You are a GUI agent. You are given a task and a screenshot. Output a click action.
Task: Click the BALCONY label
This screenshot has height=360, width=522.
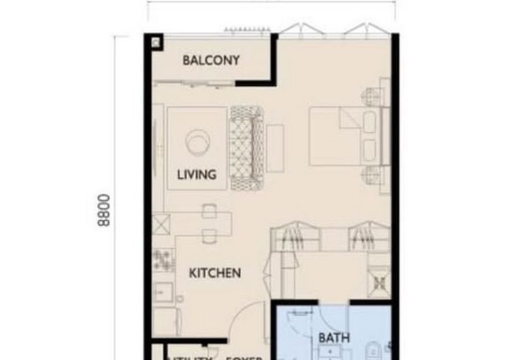[x=211, y=61]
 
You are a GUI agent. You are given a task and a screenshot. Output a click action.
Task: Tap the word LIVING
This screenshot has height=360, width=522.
[x=196, y=175]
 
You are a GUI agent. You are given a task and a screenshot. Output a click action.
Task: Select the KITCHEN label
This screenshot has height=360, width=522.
[x=215, y=273]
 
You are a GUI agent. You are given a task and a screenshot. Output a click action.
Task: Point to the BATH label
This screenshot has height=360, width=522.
[x=334, y=338]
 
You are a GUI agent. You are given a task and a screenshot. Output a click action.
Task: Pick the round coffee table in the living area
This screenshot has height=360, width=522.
[x=196, y=141]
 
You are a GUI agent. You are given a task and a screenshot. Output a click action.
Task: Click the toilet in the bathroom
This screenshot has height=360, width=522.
[x=375, y=346]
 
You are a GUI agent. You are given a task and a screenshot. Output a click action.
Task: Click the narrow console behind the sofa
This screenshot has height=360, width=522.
[x=274, y=140]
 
